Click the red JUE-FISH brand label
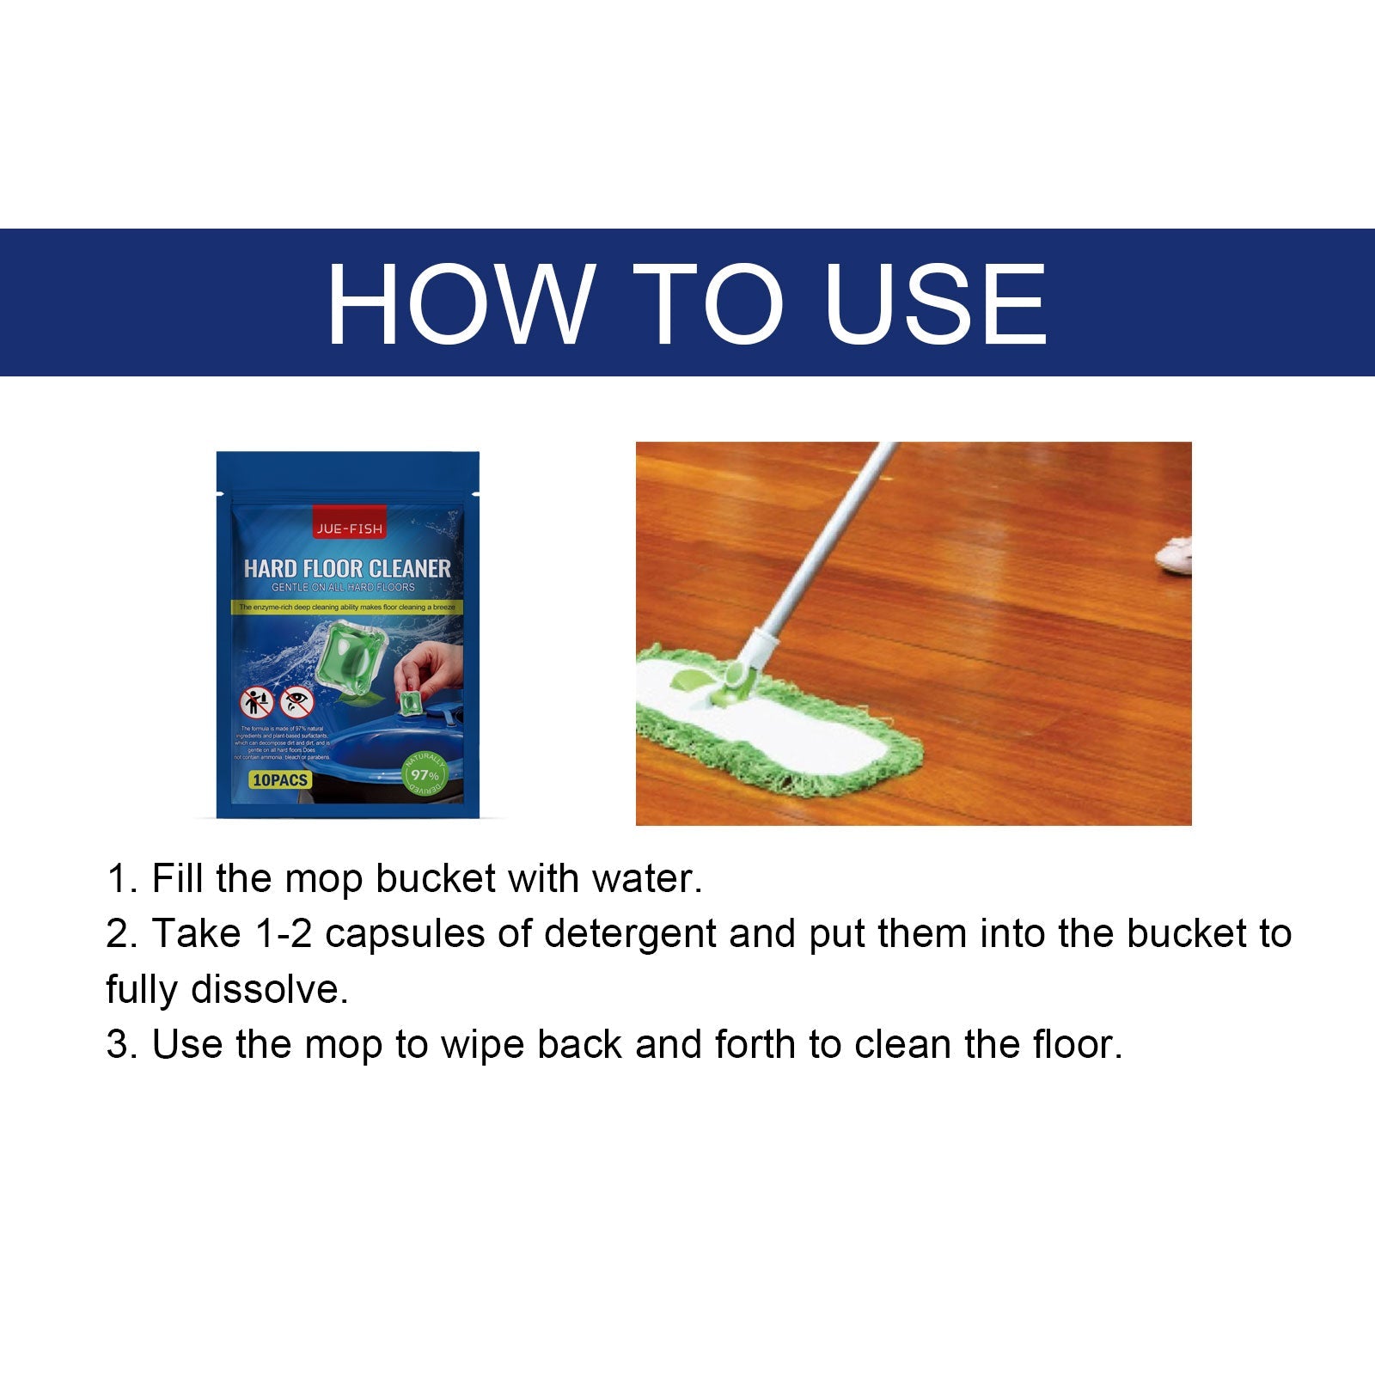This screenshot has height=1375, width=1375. (x=349, y=529)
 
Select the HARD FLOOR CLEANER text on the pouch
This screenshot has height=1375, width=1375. (x=347, y=568)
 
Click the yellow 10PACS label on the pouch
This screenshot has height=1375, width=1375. (x=280, y=780)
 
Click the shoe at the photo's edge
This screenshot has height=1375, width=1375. (x=1173, y=554)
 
